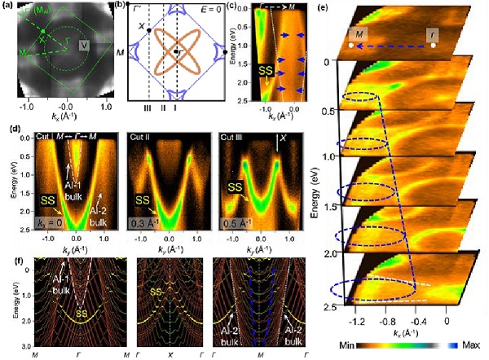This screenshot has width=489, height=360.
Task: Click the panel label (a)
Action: click(7, 7)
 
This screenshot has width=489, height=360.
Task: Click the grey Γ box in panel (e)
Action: click(433, 35)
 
